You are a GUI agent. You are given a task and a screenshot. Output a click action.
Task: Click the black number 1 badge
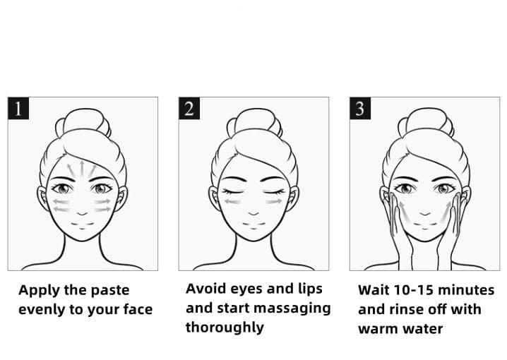pyautogui.click(x=18, y=108)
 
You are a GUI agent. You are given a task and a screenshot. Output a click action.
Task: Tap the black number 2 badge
pyautogui.click(x=189, y=108)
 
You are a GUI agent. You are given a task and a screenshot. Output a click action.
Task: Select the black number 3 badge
pyautogui.click(x=360, y=108)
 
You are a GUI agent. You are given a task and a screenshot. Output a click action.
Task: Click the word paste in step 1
pyautogui.click(x=110, y=290)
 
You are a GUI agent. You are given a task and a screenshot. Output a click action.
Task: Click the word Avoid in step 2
pyautogui.click(x=205, y=289)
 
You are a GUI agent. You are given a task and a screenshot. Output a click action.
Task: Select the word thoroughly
pyautogui.click(x=225, y=328)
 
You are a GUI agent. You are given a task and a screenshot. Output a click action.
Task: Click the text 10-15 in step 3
pyautogui.click(x=413, y=290)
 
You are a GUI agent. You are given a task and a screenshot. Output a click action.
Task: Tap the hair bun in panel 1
pyautogui.click(x=83, y=123)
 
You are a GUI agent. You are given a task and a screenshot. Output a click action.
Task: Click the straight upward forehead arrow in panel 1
pyautogui.click(x=82, y=169)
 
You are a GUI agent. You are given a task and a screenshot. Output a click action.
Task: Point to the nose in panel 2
pyautogui.click(x=253, y=213)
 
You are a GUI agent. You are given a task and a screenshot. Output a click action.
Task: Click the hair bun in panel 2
pyautogui.click(x=254, y=123)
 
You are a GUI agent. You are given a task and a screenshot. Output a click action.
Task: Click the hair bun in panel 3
pyautogui.click(x=426, y=123)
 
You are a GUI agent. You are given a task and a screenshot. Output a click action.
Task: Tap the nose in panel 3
pyautogui.click(x=425, y=213)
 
